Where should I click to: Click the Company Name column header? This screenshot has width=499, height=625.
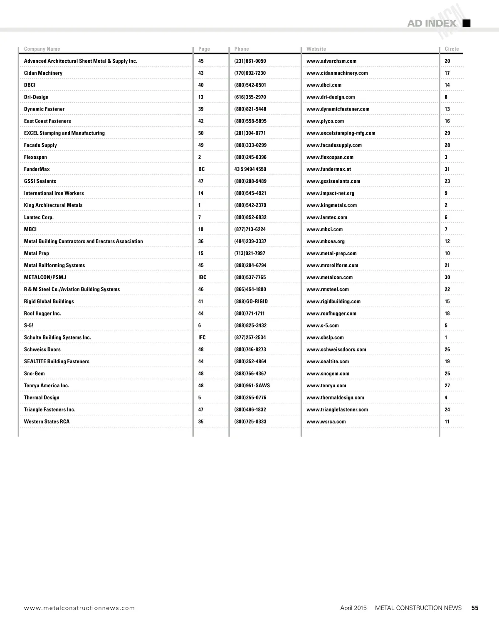(x=42, y=49)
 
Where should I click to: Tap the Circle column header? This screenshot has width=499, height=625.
(x=452, y=49)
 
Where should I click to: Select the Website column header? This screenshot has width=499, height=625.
(x=316, y=49)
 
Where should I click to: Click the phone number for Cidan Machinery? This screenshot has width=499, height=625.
(x=250, y=73)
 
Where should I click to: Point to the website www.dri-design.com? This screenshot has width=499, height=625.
(x=331, y=97)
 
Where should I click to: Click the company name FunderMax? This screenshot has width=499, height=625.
(x=37, y=169)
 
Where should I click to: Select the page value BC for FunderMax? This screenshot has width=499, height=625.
(x=201, y=169)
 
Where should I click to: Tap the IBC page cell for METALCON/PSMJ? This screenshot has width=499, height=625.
(x=202, y=277)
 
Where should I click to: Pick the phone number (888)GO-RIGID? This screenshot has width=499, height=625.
(x=251, y=301)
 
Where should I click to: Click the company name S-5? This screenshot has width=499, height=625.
(x=29, y=325)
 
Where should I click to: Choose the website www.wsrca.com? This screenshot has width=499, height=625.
(x=326, y=421)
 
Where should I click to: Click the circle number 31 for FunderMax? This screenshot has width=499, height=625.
(x=447, y=169)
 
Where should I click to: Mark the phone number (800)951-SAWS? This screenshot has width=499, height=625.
(x=252, y=386)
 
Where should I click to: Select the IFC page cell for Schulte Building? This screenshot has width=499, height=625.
(x=202, y=337)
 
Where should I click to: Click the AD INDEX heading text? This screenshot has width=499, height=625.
(x=432, y=23)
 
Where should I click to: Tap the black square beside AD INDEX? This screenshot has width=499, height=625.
(x=467, y=23)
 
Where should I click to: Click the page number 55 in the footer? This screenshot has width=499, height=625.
(x=475, y=608)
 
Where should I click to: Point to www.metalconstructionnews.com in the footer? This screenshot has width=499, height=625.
(x=79, y=608)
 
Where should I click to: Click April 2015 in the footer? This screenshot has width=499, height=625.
(x=353, y=608)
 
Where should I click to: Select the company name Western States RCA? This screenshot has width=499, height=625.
(x=47, y=421)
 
